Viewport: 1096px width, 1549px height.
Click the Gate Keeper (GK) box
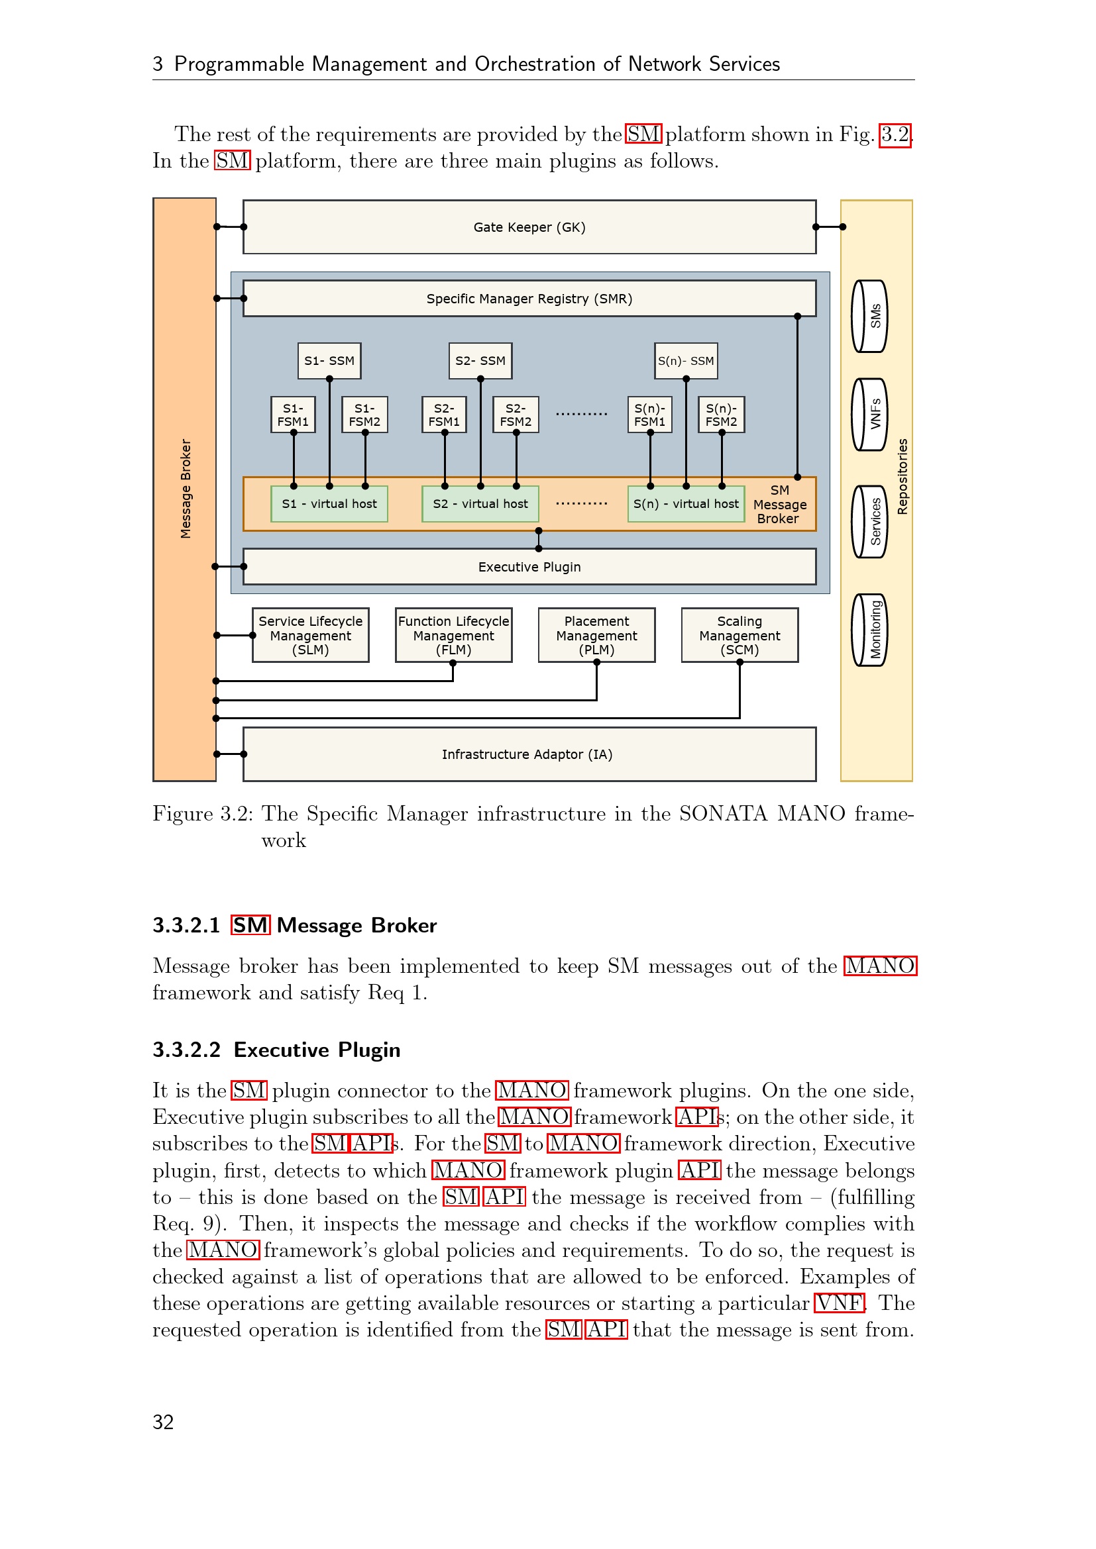529,227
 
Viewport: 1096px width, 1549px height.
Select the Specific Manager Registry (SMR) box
529,299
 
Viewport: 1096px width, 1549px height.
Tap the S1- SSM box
329,361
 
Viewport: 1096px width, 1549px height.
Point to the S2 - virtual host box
480,504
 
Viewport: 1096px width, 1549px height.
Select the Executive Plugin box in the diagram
529,567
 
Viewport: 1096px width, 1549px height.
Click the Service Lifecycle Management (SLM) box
310,636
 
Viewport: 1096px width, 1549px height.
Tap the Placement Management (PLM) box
596,636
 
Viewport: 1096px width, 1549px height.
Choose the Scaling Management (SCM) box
740,636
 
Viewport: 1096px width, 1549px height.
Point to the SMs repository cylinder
870,317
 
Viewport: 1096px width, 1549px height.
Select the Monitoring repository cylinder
870,630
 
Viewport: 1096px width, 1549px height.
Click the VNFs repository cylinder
870,414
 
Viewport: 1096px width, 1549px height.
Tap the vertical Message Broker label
186,489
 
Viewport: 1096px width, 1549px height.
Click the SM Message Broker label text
779,505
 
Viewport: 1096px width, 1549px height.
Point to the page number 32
163,1422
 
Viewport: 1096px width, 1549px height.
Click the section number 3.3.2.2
186,1050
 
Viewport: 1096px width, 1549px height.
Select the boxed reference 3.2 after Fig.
895,134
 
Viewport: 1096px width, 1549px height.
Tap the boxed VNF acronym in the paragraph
839,1303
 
